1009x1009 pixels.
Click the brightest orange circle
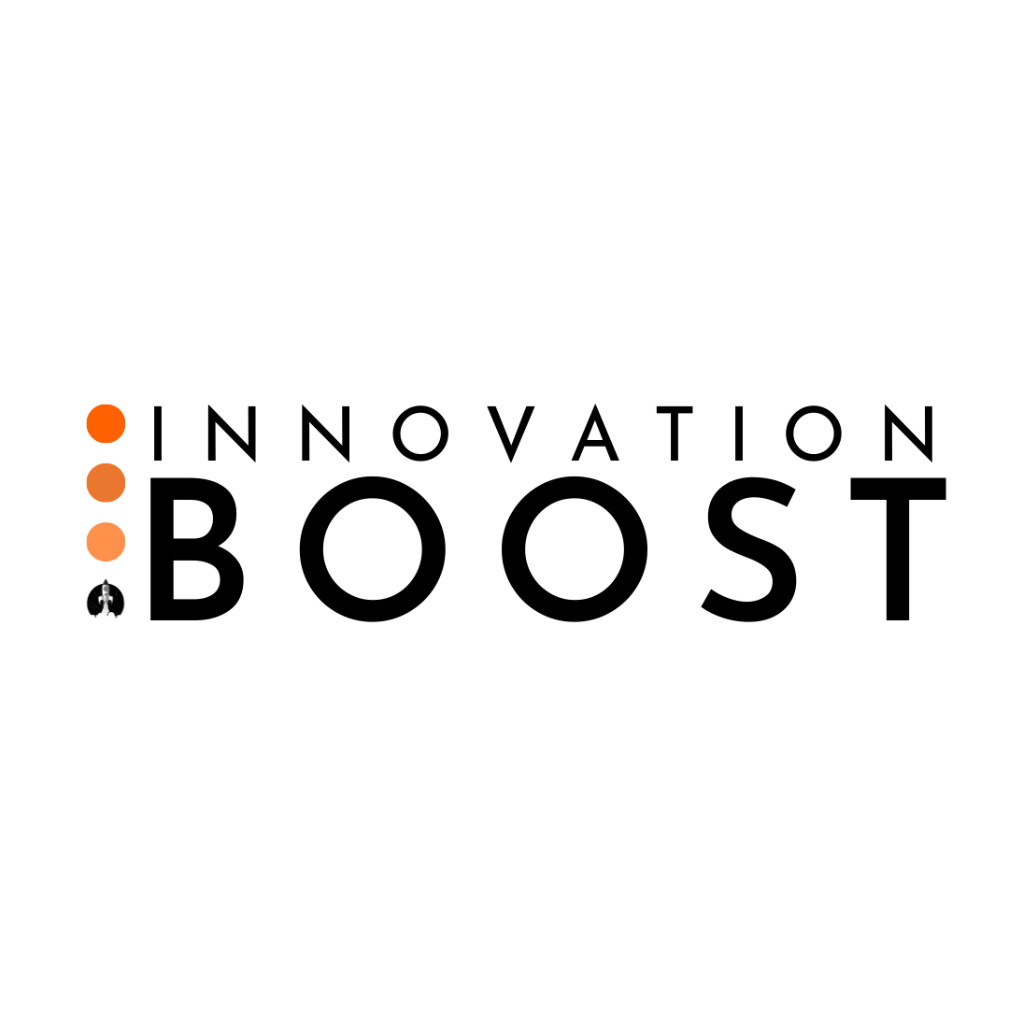[x=106, y=423]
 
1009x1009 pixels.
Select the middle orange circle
[x=106, y=483]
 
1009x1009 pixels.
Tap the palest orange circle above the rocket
[x=106, y=542]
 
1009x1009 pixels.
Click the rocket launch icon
[x=106, y=601]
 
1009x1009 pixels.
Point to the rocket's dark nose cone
[x=106, y=583]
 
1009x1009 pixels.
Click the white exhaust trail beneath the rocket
[x=106, y=608]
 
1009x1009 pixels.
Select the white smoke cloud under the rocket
[x=106, y=618]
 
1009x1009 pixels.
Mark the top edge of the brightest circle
[x=106, y=405]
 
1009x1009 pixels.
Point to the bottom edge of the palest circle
[x=106, y=561]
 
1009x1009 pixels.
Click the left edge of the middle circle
[x=87, y=483]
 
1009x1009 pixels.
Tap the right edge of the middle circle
[x=125, y=483]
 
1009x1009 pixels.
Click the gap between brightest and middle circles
[x=106, y=453]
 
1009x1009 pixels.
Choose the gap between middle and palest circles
[x=106, y=512]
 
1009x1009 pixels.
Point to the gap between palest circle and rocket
[x=106, y=570]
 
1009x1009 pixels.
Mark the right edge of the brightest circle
[x=125, y=423]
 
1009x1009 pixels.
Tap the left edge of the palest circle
[x=87, y=542]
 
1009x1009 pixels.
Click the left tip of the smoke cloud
[x=91, y=616]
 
